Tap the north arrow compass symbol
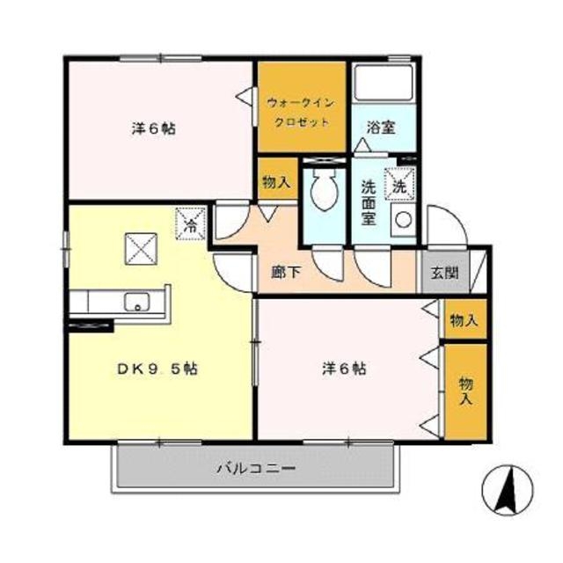tap(508, 490)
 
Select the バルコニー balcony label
tap(256, 469)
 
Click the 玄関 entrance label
tap(445, 274)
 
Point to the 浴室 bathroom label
tap(381, 128)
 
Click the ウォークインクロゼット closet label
tap(301, 113)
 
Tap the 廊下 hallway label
tap(286, 273)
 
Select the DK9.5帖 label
tap(157, 369)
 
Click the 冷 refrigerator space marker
tap(190, 223)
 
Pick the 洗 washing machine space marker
tap(399, 184)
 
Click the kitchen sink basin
tap(136, 302)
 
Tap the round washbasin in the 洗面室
tap(404, 219)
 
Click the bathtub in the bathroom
tap(383, 83)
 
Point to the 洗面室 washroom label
tap(369, 203)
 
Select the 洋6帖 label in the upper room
tap(154, 128)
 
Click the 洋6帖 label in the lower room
tap(344, 369)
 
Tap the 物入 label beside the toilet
tap(276, 183)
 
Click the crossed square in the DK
tap(141, 249)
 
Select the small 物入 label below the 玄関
tap(464, 320)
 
